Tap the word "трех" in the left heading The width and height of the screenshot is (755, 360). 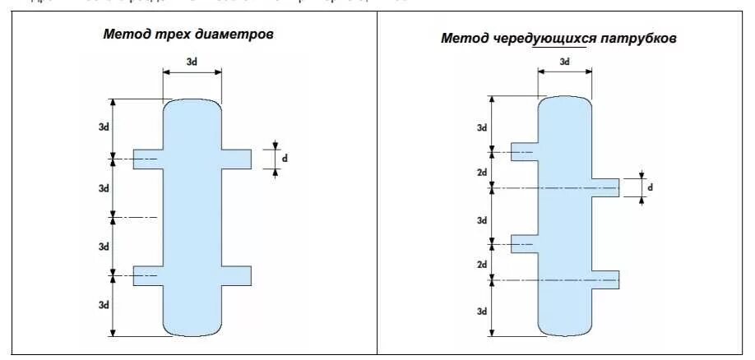tap(173, 35)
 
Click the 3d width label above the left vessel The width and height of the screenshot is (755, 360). tap(192, 62)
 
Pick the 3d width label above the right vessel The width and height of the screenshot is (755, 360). tap(564, 62)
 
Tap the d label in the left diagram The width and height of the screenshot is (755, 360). tap(285, 157)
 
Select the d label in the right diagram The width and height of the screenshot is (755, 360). tap(650, 187)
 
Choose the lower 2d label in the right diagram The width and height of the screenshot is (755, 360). tap(482, 265)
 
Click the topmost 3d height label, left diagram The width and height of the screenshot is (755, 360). tap(104, 127)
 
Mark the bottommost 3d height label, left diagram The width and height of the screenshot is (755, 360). tap(104, 305)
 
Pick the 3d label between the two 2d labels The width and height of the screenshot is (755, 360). tap(482, 219)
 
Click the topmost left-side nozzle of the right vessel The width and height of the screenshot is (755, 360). tap(524, 152)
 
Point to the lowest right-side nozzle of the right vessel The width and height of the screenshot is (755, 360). tap(604, 280)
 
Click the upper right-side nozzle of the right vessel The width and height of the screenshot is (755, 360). tap(604, 188)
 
